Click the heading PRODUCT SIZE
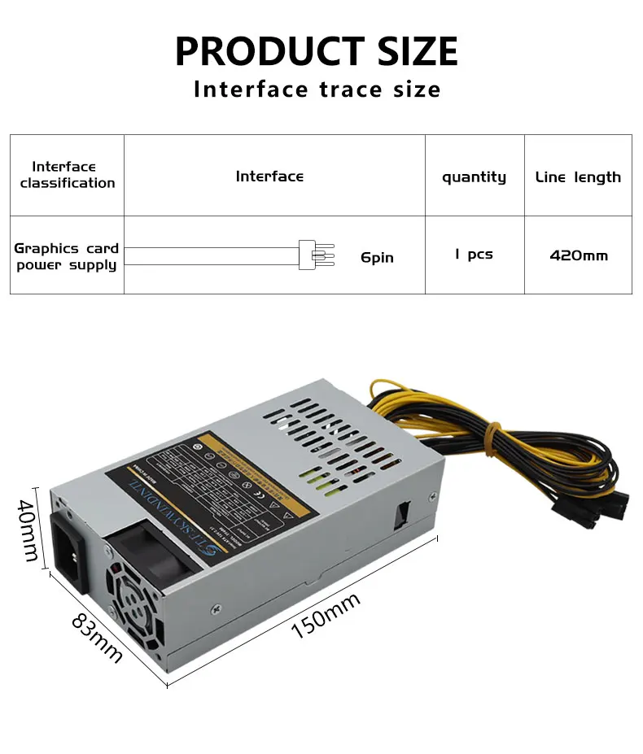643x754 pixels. pos(317,50)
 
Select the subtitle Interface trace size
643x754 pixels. pos(317,89)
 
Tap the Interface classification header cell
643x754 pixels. pos(68,175)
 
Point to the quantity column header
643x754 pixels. pos(474,177)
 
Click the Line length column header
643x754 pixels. pos(578,177)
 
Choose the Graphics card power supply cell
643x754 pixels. pos(67,256)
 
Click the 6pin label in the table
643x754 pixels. pos(377,257)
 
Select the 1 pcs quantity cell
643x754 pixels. pos(474,255)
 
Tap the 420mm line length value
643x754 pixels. pos(579,255)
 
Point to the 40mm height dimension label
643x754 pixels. pos(27,530)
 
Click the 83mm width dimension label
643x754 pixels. pos(97,637)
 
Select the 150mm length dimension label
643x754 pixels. pos(326,615)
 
